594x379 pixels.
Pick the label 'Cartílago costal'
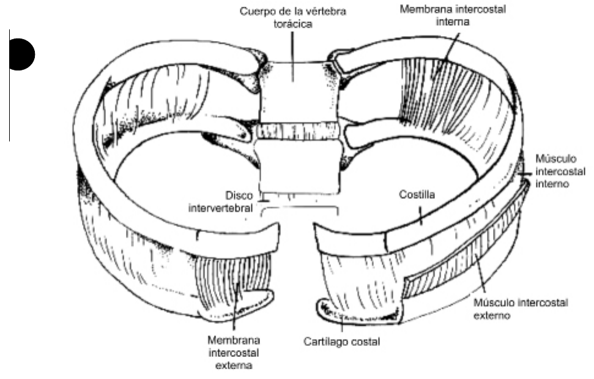(341, 341)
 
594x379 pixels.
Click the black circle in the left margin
(22, 54)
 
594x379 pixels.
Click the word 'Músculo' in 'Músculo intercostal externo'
(491, 302)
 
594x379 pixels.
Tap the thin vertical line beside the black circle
(10, 92)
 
